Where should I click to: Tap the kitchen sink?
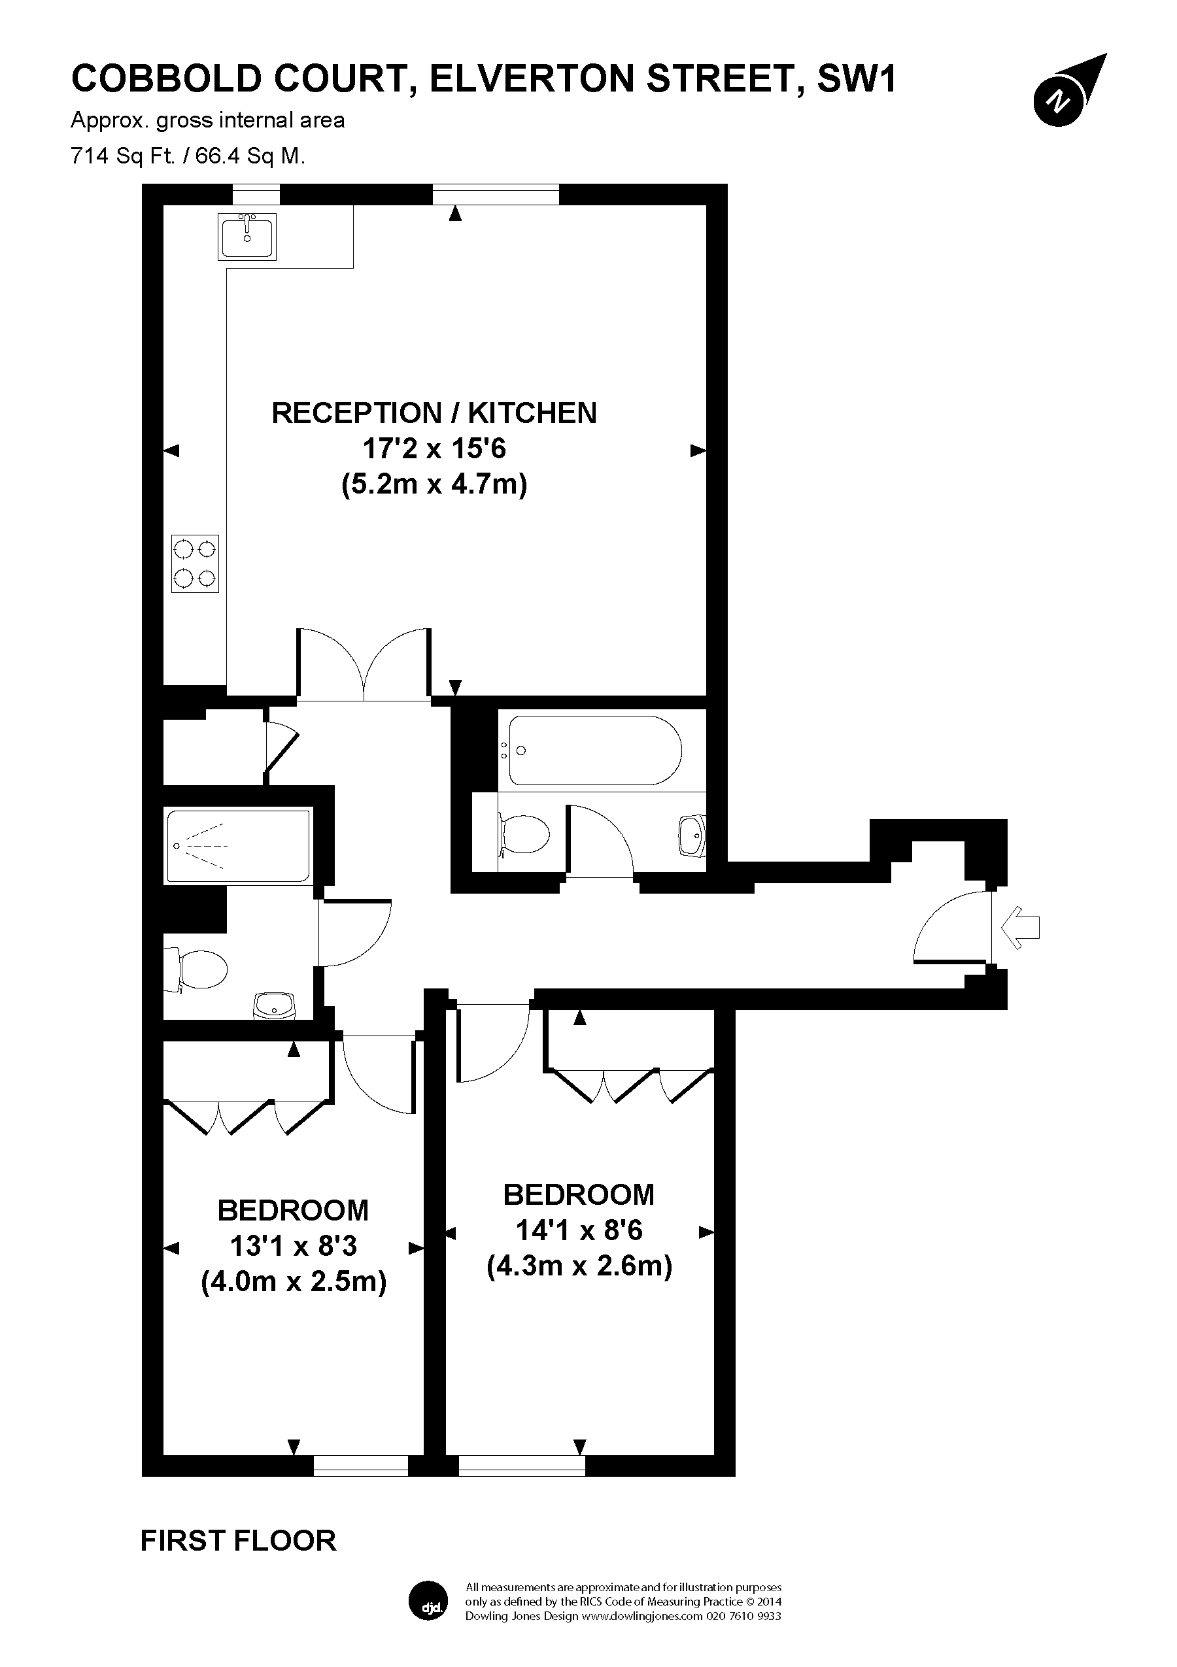pyautogui.click(x=247, y=236)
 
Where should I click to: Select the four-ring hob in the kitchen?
pyautogui.click(x=196, y=564)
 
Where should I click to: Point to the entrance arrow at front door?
pyautogui.click(x=1020, y=927)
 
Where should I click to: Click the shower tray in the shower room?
pyautogui.click(x=238, y=846)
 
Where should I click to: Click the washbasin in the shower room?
pyautogui.click(x=275, y=1006)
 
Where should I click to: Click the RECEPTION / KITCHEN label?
pyautogui.click(x=434, y=413)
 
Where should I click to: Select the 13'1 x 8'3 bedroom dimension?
pyautogui.click(x=294, y=1246)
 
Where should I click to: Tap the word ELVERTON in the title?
pyautogui.click(x=532, y=79)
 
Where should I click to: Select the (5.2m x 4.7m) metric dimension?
pyautogui.click(x=434, y=484)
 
